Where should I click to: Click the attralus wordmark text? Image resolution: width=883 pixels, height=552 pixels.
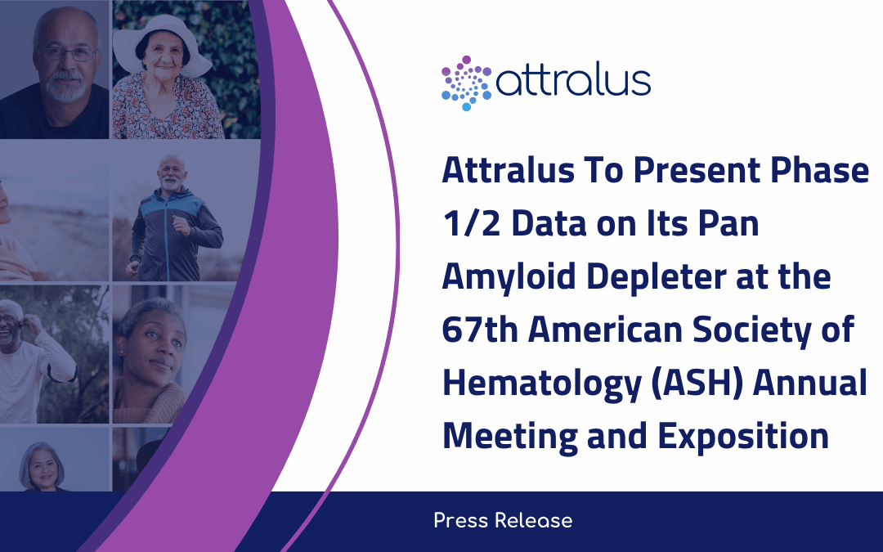(x=573, y=82)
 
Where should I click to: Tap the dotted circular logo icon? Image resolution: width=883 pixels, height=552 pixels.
(x=466, y=83)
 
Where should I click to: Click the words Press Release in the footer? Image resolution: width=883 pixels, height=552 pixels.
(x=503, y=521)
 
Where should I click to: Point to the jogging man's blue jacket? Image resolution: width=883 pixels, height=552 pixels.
(x=175, y=230)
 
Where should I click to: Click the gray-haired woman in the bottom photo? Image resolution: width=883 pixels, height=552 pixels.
(x=43, y=466)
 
